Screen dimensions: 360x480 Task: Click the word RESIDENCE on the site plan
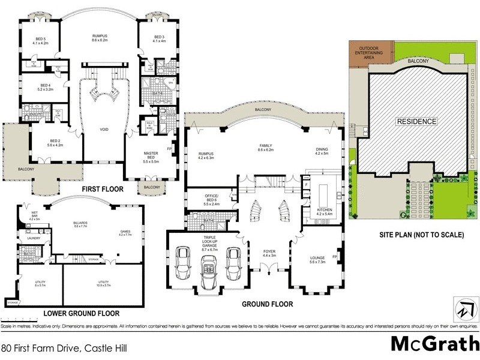click(416, 121)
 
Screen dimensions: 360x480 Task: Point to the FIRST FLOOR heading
click(103, 190)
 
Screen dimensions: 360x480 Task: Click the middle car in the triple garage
click(208, 265)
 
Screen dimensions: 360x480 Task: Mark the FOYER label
click(268, 253)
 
